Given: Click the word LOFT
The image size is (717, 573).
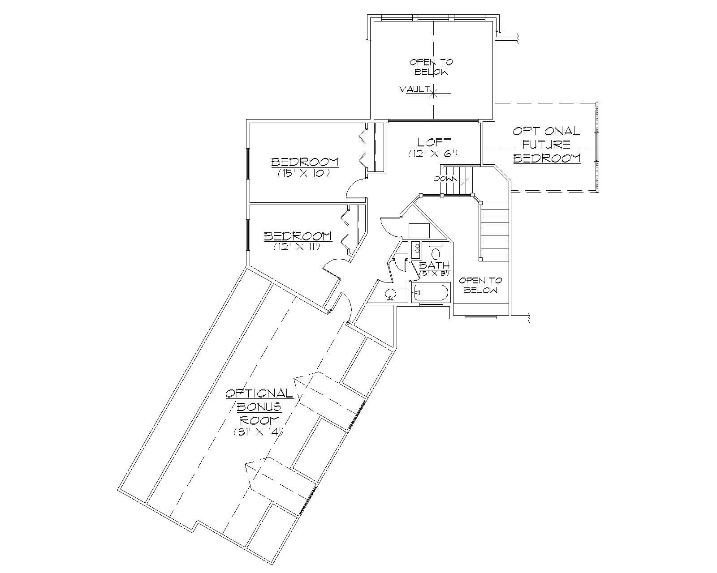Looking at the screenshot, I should coord(434,142).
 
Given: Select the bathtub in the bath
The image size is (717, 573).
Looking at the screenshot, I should coord(430,293).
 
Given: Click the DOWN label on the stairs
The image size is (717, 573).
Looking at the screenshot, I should coord(445,179).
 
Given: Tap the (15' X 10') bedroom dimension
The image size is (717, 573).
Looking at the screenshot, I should coord(304,173).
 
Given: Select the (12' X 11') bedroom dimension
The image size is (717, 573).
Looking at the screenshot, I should coord(297,247).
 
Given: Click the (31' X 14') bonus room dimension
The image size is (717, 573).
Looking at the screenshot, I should coord(259,432).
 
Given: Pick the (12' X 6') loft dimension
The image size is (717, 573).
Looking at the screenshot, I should coord(432,153).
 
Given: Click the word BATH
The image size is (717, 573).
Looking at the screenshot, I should coord(434,265).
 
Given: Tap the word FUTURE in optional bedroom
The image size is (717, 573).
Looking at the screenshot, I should coord(547,145).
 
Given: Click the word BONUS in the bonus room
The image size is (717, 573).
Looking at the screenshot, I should coord(259,406).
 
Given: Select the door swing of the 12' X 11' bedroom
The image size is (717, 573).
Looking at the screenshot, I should coord(332,269).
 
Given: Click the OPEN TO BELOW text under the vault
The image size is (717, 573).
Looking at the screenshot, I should coord(432,67).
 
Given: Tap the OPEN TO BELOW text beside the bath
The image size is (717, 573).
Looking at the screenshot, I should coord(480,285).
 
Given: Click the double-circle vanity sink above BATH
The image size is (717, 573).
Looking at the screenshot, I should coord(415,248).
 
